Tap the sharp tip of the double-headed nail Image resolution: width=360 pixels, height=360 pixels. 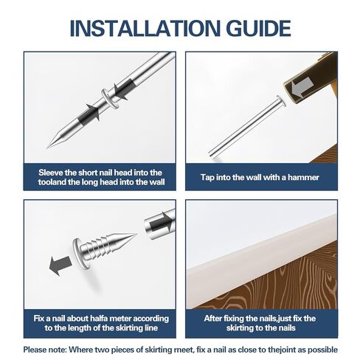tap(47, 148)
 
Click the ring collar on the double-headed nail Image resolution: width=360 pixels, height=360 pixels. tap(110, 98)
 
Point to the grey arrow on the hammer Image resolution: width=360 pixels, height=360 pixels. tap(302, 87)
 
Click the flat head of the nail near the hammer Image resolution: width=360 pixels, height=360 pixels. tap(281, 100)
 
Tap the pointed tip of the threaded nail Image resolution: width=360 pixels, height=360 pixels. tap(136, 234)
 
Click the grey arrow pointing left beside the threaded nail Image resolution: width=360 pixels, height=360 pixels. tap(60, 266)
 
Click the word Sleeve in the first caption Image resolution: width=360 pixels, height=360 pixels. tap(51, 173)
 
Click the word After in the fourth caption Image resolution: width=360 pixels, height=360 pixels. tap(212, 319)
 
